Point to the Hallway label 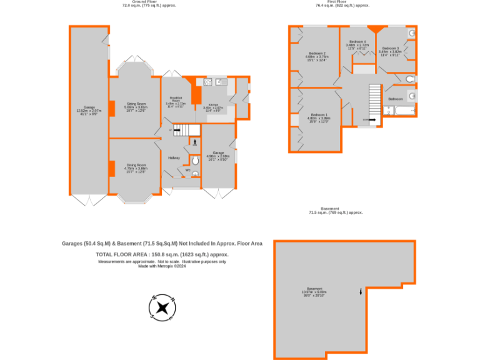pos(174,157)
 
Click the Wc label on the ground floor pos(187,170)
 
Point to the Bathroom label pos(396,99)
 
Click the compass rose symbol pos(162,306)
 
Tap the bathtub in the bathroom pos(399,111)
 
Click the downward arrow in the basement pos(361,291)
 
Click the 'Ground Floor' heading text pos(149,2)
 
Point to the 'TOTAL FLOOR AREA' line pos(162,255)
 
